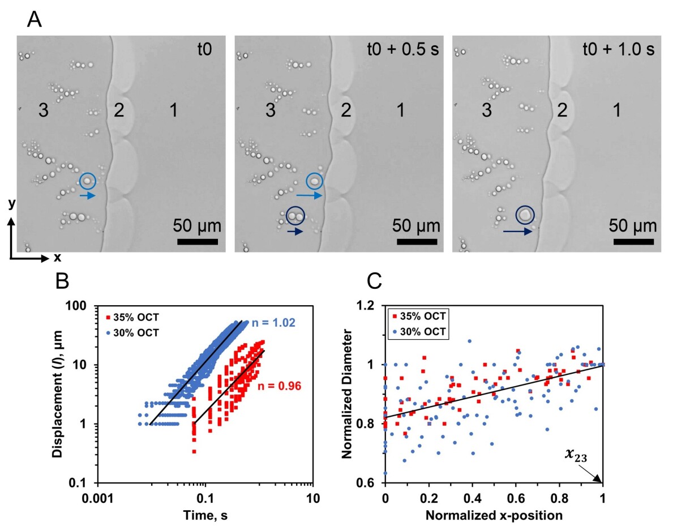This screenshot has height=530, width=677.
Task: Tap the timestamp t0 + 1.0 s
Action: click(618, 49)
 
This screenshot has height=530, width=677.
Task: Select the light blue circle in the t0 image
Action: click(88, 181)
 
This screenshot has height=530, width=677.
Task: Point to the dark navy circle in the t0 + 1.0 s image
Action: click(526, 215)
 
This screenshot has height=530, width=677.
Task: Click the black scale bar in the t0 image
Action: click(198, 242)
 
